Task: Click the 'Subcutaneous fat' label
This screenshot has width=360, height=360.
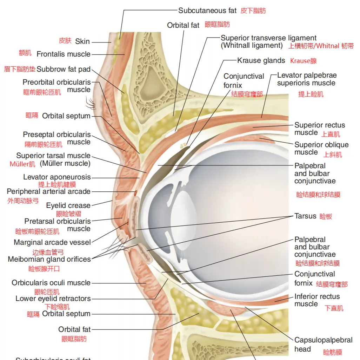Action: tap(207, 11)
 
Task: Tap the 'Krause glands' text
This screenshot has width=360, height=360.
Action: tap(261, 60)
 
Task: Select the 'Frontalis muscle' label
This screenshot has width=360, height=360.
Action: tap(64, 54)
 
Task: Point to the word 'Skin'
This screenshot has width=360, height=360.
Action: tap(82, 41)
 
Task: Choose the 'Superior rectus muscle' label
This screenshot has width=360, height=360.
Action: tap(320, 129)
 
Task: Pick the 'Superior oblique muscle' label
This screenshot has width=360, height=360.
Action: tap(321, 149)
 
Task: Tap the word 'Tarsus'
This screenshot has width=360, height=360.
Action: tap(305, 216)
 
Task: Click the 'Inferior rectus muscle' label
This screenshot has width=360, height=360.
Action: tap(317, 300)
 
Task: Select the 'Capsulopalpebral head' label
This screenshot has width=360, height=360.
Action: tap(323, 344)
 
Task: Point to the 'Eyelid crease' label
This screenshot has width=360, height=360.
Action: tap(68, 205)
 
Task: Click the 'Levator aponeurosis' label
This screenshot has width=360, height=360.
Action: tap(57, 177)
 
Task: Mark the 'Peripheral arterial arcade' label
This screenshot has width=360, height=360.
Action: tap(48, 191)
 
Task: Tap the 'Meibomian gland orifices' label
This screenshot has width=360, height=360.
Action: tap(49, 259)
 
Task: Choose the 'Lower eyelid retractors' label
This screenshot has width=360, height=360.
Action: tap(53, 299)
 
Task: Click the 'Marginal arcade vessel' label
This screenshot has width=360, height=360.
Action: tap(52, 242)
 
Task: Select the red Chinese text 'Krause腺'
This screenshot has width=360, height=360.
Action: tap(303, 61)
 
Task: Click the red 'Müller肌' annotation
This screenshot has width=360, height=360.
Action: tap(22, 164)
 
